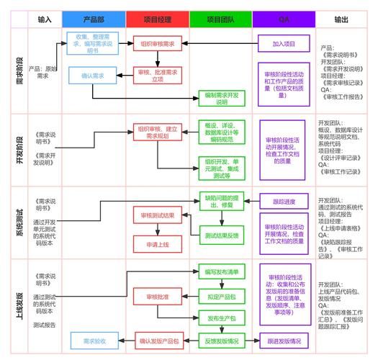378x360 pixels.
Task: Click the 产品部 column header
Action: click(94, 19)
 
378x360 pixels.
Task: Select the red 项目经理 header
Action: click(157, 19)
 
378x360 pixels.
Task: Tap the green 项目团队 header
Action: click(220, 19)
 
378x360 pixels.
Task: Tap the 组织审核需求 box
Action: click(157, 44)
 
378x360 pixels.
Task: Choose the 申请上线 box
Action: click(157, 244)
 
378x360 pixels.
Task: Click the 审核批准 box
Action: click(157, 296)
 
